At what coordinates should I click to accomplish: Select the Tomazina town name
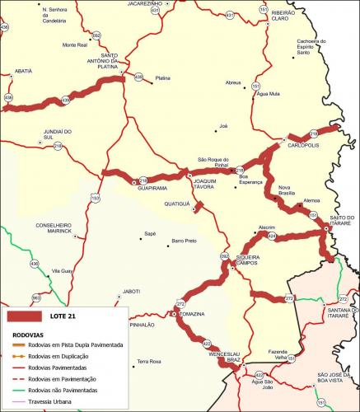(191, 315)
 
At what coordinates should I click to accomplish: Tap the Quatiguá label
(177, 203)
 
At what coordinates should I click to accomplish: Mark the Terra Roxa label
(149, 362)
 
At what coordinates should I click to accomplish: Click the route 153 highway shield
(96, 198)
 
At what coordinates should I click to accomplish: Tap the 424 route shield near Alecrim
(272, 236)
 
